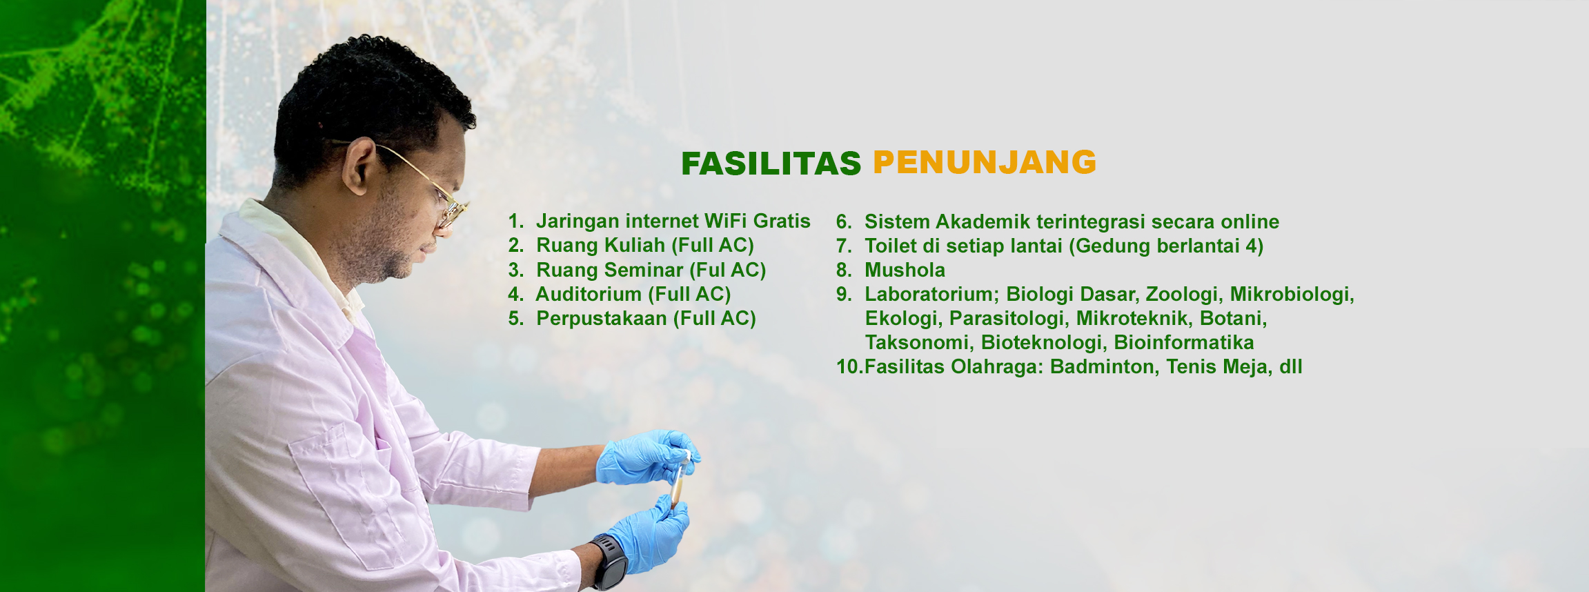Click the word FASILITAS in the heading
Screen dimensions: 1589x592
(771, 164)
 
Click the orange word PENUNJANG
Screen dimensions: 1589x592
(985, 162)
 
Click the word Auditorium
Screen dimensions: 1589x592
(589, 294)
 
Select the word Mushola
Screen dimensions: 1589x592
(905, 270)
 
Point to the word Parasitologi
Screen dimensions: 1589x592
(1007, 318)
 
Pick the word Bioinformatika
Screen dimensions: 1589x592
(1184, 342)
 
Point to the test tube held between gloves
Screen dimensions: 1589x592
(680, 479)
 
